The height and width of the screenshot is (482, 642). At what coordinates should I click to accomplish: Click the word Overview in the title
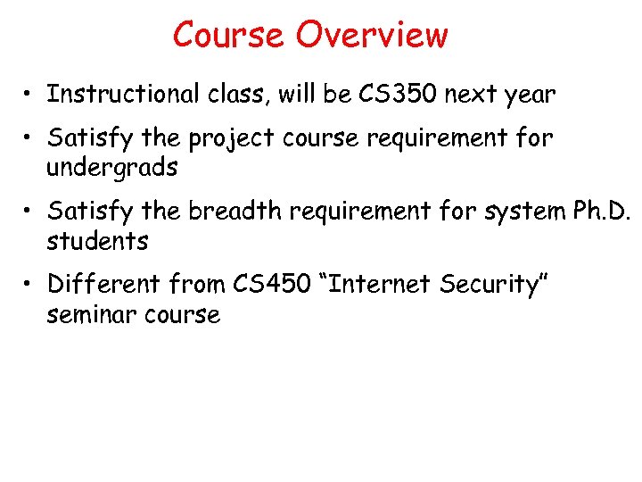373,35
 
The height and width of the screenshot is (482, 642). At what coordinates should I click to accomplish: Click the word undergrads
113,167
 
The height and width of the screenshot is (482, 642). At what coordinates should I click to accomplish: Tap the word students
98,240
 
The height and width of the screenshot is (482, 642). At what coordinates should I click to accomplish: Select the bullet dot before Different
30,285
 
